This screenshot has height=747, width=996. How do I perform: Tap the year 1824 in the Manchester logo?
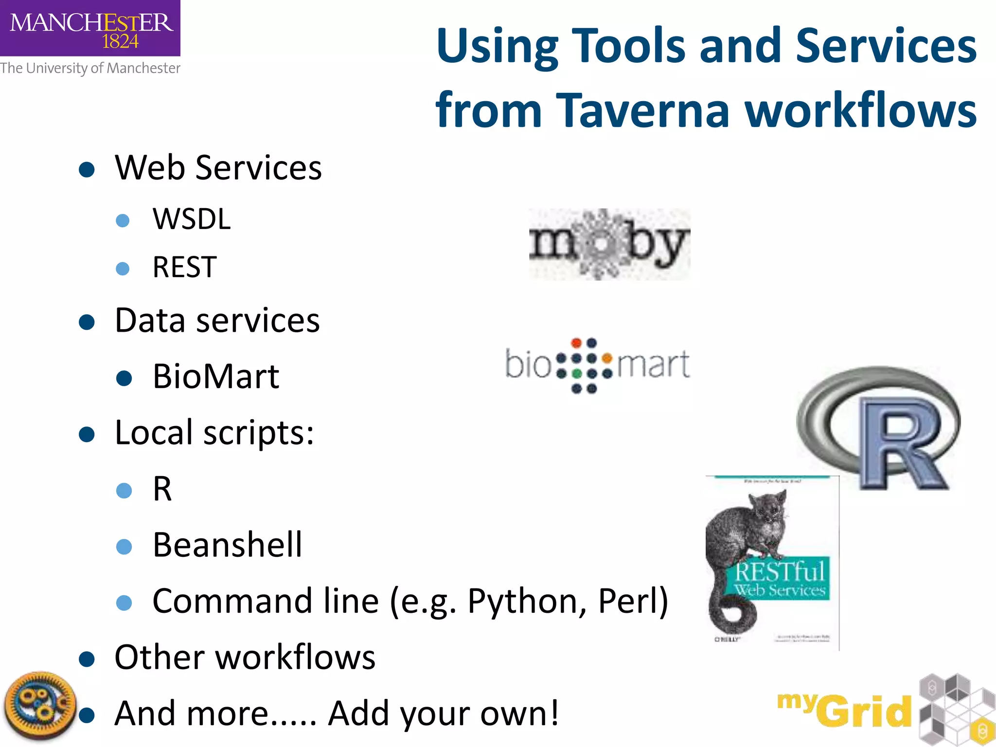[x=120, y=41]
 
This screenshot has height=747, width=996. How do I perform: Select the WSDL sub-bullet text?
[x=192, y=219]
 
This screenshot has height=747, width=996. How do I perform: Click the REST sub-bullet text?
[x=185, y=267]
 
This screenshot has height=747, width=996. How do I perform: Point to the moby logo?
[x=609, y=244]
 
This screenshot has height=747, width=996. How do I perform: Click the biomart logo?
[x=597, y=365]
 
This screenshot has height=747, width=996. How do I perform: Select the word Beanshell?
[x=227, y=545]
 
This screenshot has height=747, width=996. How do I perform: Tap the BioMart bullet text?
[x=216, y=377]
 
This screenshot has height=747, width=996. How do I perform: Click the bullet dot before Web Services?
[x=87, y=170]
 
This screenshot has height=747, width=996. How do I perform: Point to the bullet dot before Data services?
[x=87, y=322]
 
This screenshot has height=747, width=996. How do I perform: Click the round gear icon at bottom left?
[x=40, y=706]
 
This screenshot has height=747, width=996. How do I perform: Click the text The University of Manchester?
[x=90, y=68]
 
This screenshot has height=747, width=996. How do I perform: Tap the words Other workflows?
[x=245, y=657]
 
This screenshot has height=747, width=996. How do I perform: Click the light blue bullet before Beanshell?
[x=124, y=547]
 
